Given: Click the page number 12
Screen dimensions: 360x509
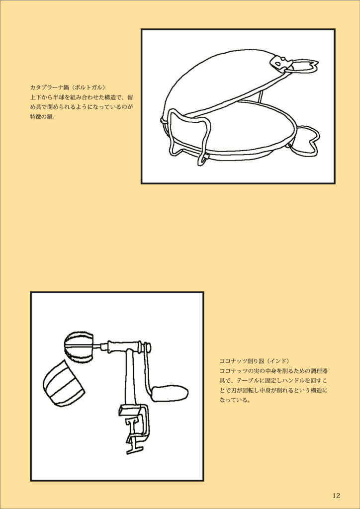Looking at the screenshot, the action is tap(336, 496).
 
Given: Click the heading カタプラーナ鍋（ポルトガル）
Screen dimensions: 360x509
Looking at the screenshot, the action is tap(68, 87).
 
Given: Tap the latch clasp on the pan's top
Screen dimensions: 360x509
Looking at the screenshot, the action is tap(279, 63).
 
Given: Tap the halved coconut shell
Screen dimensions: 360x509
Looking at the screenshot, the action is tap(63, 383).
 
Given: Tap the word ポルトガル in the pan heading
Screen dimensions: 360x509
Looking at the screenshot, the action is tap(87, 87).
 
